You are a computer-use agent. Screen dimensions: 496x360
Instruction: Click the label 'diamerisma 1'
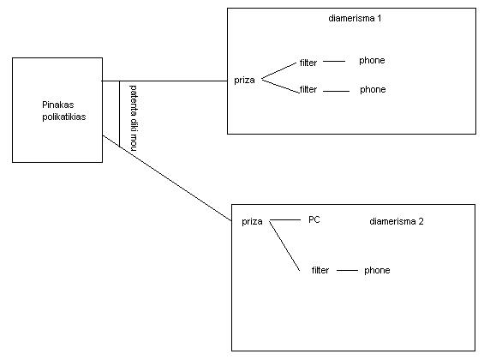click(x=355, y=18)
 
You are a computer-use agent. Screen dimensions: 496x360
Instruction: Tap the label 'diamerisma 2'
click(x=397, y=221)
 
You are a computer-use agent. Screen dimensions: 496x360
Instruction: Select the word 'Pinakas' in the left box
click(x=58, y=105)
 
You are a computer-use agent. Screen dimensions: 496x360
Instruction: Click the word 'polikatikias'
click(x=64, y=117)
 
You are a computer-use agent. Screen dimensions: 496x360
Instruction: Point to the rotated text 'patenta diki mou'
click(x=134, y=117)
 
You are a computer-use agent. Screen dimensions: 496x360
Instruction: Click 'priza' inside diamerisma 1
click(x=244, y=81)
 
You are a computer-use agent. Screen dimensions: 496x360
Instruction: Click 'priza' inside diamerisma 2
click(x=252, y=222)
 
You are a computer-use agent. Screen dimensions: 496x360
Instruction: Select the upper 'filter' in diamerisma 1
click(x=308, y=63)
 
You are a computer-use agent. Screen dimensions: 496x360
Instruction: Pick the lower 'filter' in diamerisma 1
click(x=308, y=89)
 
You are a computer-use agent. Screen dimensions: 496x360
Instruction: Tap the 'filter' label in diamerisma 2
click(x=320, y=270)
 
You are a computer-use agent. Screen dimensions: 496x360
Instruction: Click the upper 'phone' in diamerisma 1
click(x=372, y=61)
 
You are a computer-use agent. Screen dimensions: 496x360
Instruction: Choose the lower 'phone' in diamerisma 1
click(x=373, y=90)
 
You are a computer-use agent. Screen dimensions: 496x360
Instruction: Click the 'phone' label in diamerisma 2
click(x=377, y=270)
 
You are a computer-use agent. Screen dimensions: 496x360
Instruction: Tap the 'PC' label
click(x=314, y=219)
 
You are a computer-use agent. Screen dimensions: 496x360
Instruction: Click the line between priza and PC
click(x=284, y=219)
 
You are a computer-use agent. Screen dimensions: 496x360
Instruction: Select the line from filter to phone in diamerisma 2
click(x=347, y=271)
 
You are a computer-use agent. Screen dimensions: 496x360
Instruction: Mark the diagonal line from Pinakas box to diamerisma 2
click(x=167, y=178)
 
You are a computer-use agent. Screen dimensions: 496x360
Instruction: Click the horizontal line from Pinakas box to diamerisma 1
click(x=164, y=81)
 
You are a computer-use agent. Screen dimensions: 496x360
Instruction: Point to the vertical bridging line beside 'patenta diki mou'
click(x=119, y=114)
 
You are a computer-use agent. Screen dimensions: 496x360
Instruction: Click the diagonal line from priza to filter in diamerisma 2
click(x=284, y=246)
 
